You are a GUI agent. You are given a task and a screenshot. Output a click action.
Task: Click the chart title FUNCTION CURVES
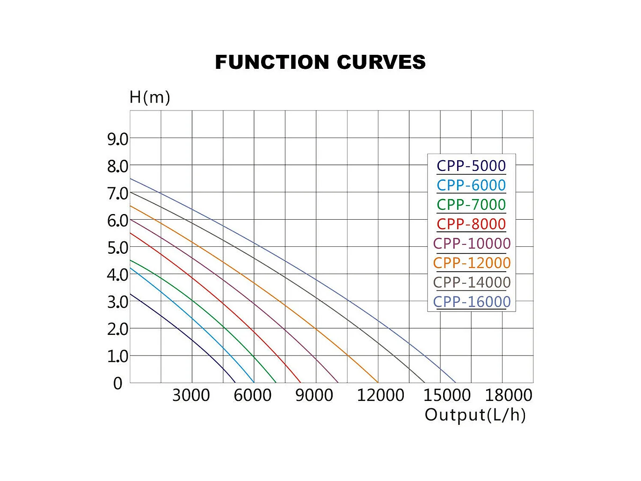pyautogui.click(x=320, y=62)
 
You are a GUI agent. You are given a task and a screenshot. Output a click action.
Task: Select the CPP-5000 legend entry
pyautogui.click(x=471, y=166)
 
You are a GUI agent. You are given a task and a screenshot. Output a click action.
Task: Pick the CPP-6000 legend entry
pyautogui.click(x=471, y=185)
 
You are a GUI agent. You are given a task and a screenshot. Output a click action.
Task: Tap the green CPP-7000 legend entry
pyautogui.click(x=471, y=205)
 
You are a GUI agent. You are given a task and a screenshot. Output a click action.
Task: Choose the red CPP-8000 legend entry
pyautogui.click(x=471, y=224)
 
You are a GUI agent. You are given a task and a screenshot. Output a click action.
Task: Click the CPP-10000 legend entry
pyautogui.click(x=472, y=244)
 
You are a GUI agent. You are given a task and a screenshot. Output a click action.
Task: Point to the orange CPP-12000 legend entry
pyautogui.click(x=472, y=263)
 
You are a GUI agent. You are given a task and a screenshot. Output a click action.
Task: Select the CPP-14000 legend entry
pyautogui.click(x=472, y=282)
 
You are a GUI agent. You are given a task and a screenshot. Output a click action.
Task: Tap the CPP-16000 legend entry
pyautogui.click(x=472, y=302)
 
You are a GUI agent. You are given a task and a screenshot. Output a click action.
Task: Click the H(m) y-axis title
pyautogui.click(x=150, y=97)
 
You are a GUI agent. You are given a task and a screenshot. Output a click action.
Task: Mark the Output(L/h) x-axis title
pyautogui.click(x=475, y=415)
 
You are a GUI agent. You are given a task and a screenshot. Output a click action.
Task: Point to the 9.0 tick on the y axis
pyautogui.click(x=117, y=139)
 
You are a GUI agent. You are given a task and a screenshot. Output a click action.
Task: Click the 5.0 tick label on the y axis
pyautogui.click(x=117, y=248)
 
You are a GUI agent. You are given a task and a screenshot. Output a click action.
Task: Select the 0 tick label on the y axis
pyautogui.click(x=118, y=384)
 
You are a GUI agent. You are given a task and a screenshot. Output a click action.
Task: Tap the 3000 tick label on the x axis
pyautogui.click(x=191, y=395)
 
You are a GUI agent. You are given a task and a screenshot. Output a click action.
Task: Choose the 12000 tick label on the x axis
pyautogui.click(x=380, y=395)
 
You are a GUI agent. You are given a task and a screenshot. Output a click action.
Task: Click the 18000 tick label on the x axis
pyautogui.click(x=509, y=395)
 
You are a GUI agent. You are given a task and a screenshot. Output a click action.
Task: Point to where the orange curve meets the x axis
pyautogui.click(x=378, y=383)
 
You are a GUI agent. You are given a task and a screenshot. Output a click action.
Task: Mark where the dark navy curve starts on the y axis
pyautogui.click(x=131, y=294)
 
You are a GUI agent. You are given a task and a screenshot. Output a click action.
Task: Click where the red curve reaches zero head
pyautogui.click(x=300, y=383)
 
